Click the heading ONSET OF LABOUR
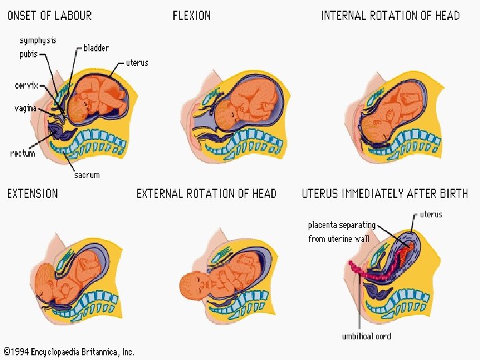click(49, 15)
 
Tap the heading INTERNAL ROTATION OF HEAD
click(390, 15)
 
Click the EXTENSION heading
click(33, 193)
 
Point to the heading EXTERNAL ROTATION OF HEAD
click(206, 193)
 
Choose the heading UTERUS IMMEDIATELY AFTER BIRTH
click(385, 193)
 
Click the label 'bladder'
click(96, 48)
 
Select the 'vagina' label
click(25, 108)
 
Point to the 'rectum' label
click(22, 153)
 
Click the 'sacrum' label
click(87, 175)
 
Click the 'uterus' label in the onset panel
click(137, 63)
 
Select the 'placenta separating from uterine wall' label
click(341, 231)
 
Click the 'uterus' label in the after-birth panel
click(431, 215)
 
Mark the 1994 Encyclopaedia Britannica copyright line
click(69, 351)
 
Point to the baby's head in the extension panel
click(49, 280)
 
